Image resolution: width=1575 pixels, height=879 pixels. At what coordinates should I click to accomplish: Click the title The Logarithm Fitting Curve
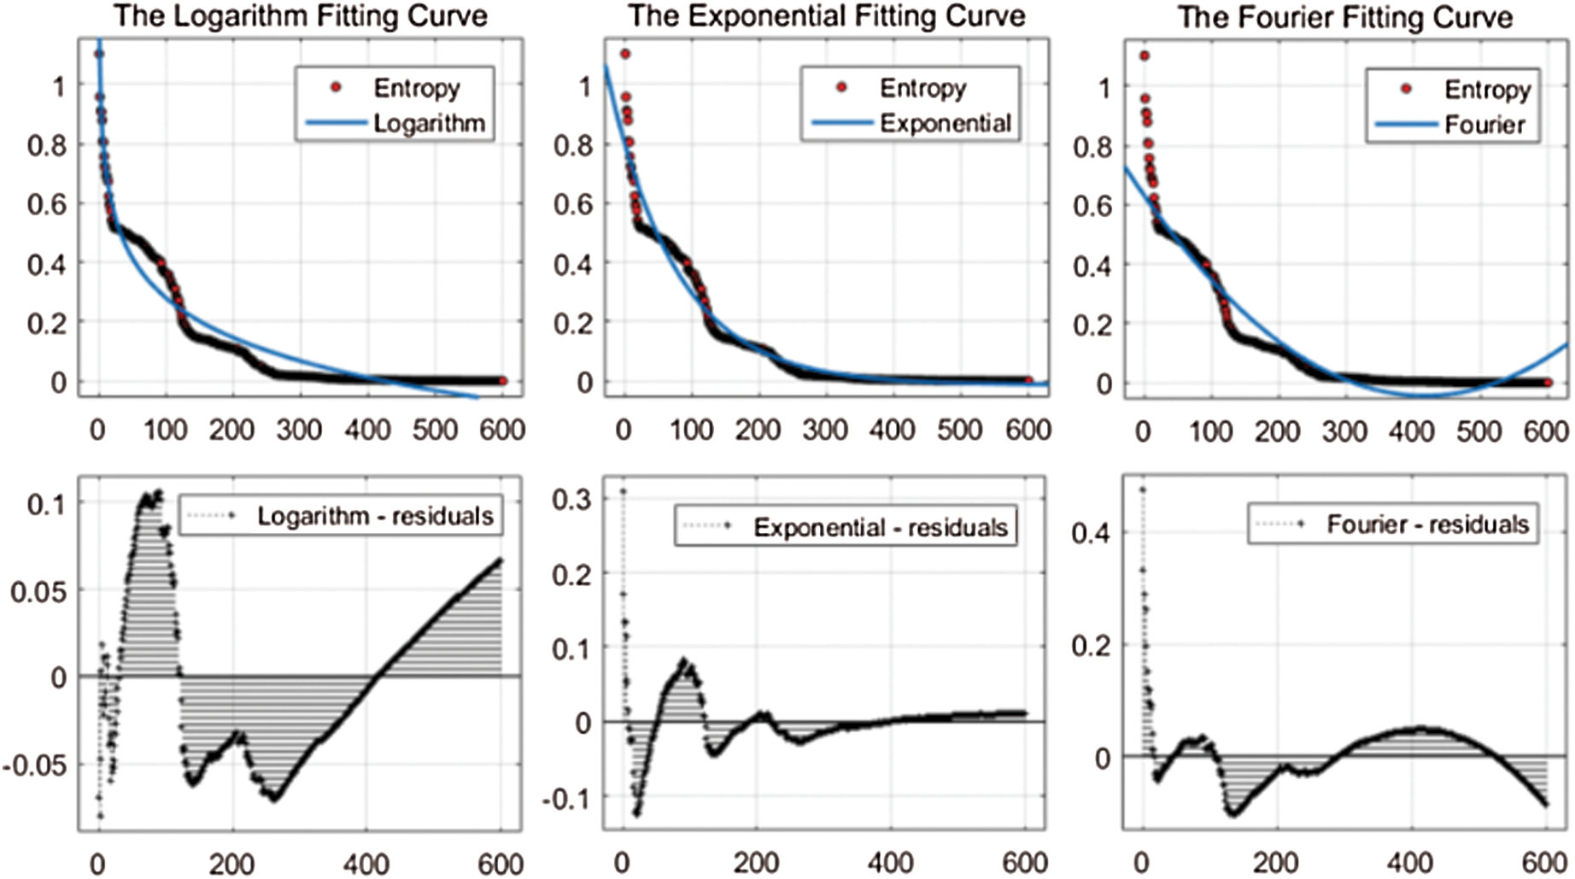(301, 16)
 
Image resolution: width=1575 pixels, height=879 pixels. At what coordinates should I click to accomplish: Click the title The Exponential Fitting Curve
(827, 16)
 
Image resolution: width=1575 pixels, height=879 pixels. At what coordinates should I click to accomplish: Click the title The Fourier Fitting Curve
(1345, 17)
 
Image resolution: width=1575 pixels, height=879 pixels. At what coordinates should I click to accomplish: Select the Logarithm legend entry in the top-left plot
(429, 123)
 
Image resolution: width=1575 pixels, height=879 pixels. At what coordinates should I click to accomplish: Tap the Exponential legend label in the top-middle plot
(946, 123)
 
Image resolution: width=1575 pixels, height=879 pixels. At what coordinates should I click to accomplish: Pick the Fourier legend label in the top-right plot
(1484, 126)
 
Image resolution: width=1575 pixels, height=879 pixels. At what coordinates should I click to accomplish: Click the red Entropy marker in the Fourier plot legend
(1407, 89)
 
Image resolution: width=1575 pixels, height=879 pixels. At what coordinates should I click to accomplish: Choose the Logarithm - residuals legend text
(375, 516)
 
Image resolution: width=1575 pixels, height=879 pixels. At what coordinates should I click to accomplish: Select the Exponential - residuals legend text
(880, 528)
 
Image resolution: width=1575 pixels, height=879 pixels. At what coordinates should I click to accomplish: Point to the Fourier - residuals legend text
(1427, 524)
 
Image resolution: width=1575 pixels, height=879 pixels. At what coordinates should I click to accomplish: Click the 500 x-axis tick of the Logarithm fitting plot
(435, 429)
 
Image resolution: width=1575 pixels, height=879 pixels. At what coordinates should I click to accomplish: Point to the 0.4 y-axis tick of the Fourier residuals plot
(1091, 534)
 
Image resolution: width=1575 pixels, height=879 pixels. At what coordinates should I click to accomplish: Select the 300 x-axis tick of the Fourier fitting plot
(1345, 431)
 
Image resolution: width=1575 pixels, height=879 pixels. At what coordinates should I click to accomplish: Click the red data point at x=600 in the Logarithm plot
(503, 381)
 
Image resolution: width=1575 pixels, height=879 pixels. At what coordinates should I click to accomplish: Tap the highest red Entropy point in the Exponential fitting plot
(625, 54)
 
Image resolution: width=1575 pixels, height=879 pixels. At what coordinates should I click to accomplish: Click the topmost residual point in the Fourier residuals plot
(1143, 489)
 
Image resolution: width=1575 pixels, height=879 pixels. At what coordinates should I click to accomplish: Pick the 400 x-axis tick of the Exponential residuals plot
(891, 864)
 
